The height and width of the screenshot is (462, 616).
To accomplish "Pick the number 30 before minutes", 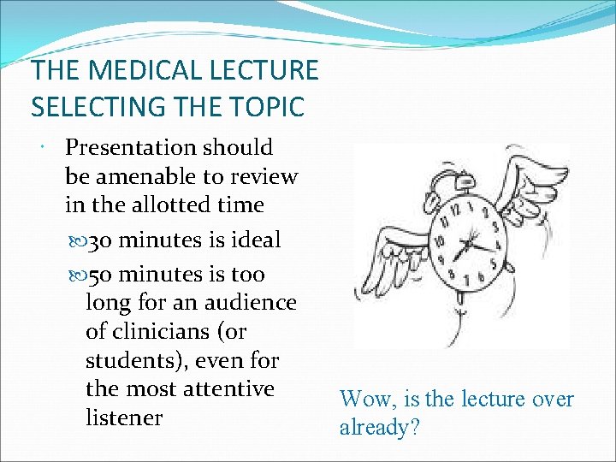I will pyautogui.click(x=99, y=241).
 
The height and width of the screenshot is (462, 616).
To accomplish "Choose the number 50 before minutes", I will pyautogui.click(x=99, y=275).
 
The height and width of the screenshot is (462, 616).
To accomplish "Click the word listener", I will pyautogui.click(x=124, y=418).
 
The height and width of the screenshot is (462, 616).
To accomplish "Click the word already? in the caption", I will pyautogui.click(x=379, y=427).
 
